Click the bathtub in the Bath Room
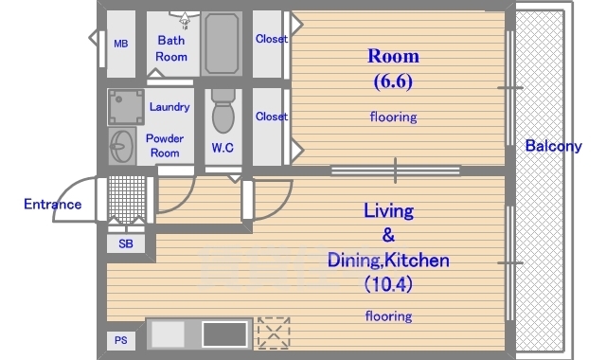tap(222, 44)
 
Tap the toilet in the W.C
tap(223, 111)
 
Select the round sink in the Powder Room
tap(122, 146)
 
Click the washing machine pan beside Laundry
tap(126, 107)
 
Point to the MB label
tap(121, 44)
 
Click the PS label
tap(121, 340)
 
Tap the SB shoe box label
tap(126, 244)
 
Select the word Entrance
tap(53, 205)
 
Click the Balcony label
tap(553, 146)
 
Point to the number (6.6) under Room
tap(393, 81)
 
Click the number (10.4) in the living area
tap(388, 284)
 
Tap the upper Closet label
tap(272, 39)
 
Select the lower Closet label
tap(272, 117)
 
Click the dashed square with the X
tap(274, 333)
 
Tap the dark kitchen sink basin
tap(225, 334)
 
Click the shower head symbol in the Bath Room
tap(185, 19)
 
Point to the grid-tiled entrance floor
tap(127, 199)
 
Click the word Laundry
tap(169, 107)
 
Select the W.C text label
tap(223, 148)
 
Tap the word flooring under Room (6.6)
tap(394, 117)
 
